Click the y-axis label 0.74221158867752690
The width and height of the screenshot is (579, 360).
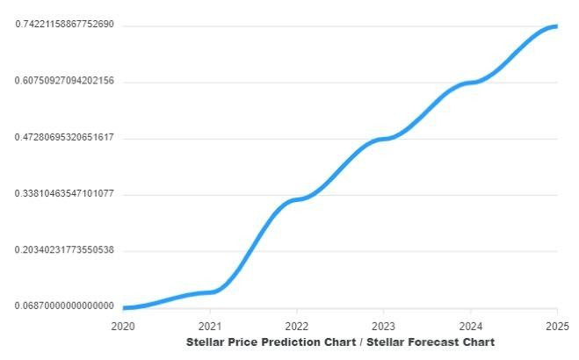click(x=64, y=25)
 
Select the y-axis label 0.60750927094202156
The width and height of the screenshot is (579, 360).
click(x=64, y=81)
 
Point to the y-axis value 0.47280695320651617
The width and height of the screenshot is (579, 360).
click(x=64, y=137)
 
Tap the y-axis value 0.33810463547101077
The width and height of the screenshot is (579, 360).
click(x=64, y=193)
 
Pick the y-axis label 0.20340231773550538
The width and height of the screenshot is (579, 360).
click(x=64, y=250)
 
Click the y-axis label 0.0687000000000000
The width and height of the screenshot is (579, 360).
click(x=64, y=306)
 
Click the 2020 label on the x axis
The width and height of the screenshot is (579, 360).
click(x=123, y=325)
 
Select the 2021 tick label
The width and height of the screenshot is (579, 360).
click(x=210, y=325)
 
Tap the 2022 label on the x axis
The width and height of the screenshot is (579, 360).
click(x=297, y=325)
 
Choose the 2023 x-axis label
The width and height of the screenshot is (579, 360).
click(x=383, y=325)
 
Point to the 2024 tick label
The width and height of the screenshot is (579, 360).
click(x=470, y=325)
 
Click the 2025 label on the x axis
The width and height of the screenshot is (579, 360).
click(x=556, y=325)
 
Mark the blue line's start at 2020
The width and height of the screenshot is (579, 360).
click(x=125, y=307)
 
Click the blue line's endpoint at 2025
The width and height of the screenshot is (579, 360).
click(x=555, y=25)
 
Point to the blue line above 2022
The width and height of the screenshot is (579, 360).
click(x=297, y=199)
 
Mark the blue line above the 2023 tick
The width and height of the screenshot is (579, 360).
click(x=383, y=139)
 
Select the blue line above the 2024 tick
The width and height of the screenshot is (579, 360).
click(x=470, y=83)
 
